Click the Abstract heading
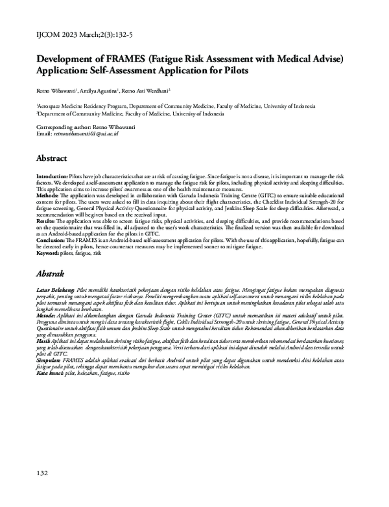(x=51, y=158)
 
